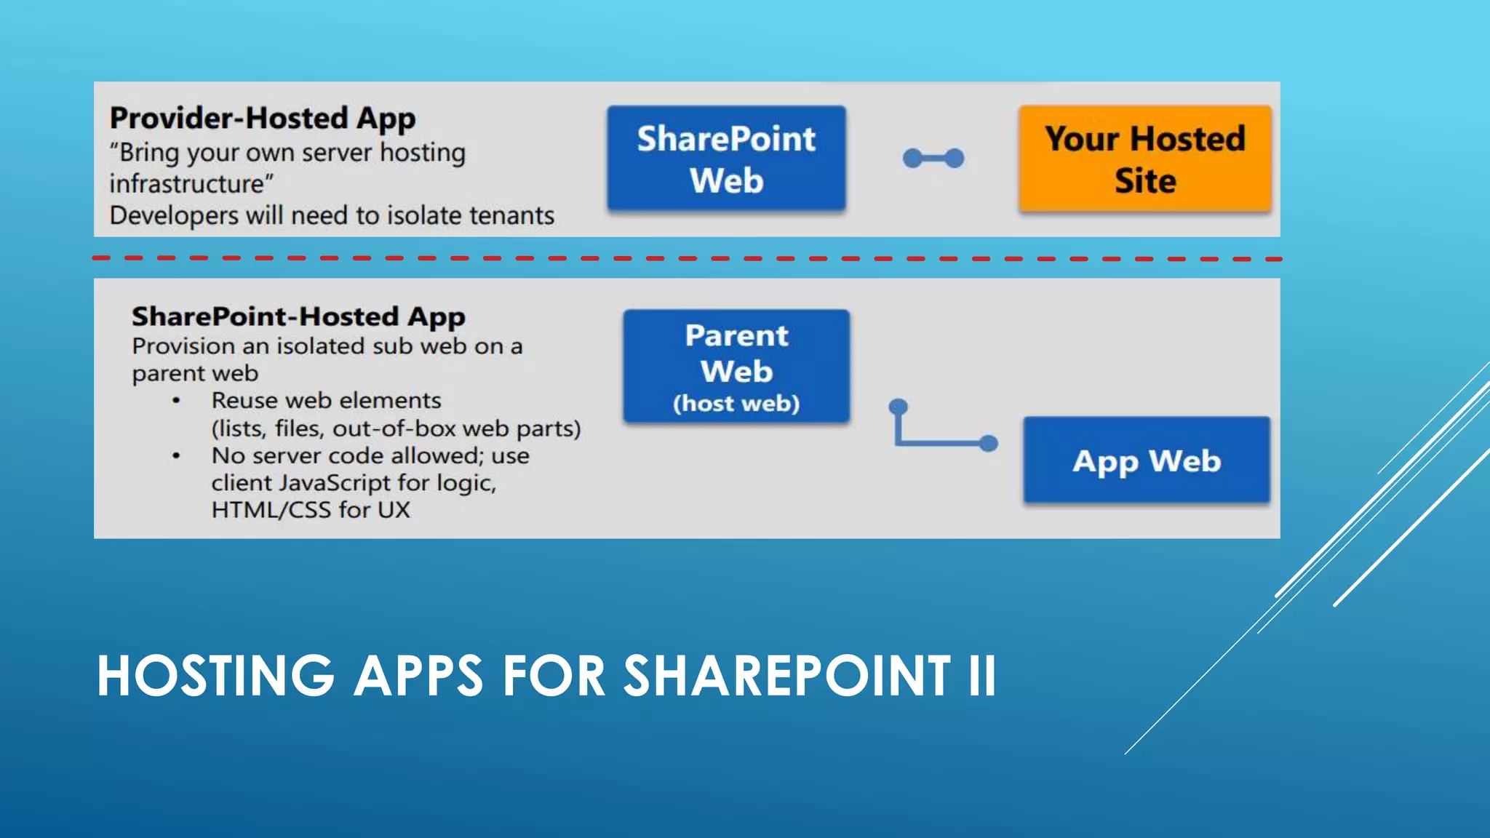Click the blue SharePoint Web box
coord(726,159)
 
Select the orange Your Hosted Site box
coord(1145,159)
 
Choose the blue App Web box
coord(1147,460)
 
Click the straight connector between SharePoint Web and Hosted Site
coord(933,158)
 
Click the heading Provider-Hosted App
coord(263,119)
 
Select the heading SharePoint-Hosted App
coord(298,317)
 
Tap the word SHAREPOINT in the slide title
coord(787,677)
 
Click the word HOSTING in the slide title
coord(215,677)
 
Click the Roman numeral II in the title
coord(981,677)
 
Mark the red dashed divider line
coord(687,258)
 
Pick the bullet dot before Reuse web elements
coord(176,401)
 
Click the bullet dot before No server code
coord(176,456)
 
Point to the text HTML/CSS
coord(271,510)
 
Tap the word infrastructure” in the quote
coord(191,184)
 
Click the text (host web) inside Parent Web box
coord(736,404)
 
